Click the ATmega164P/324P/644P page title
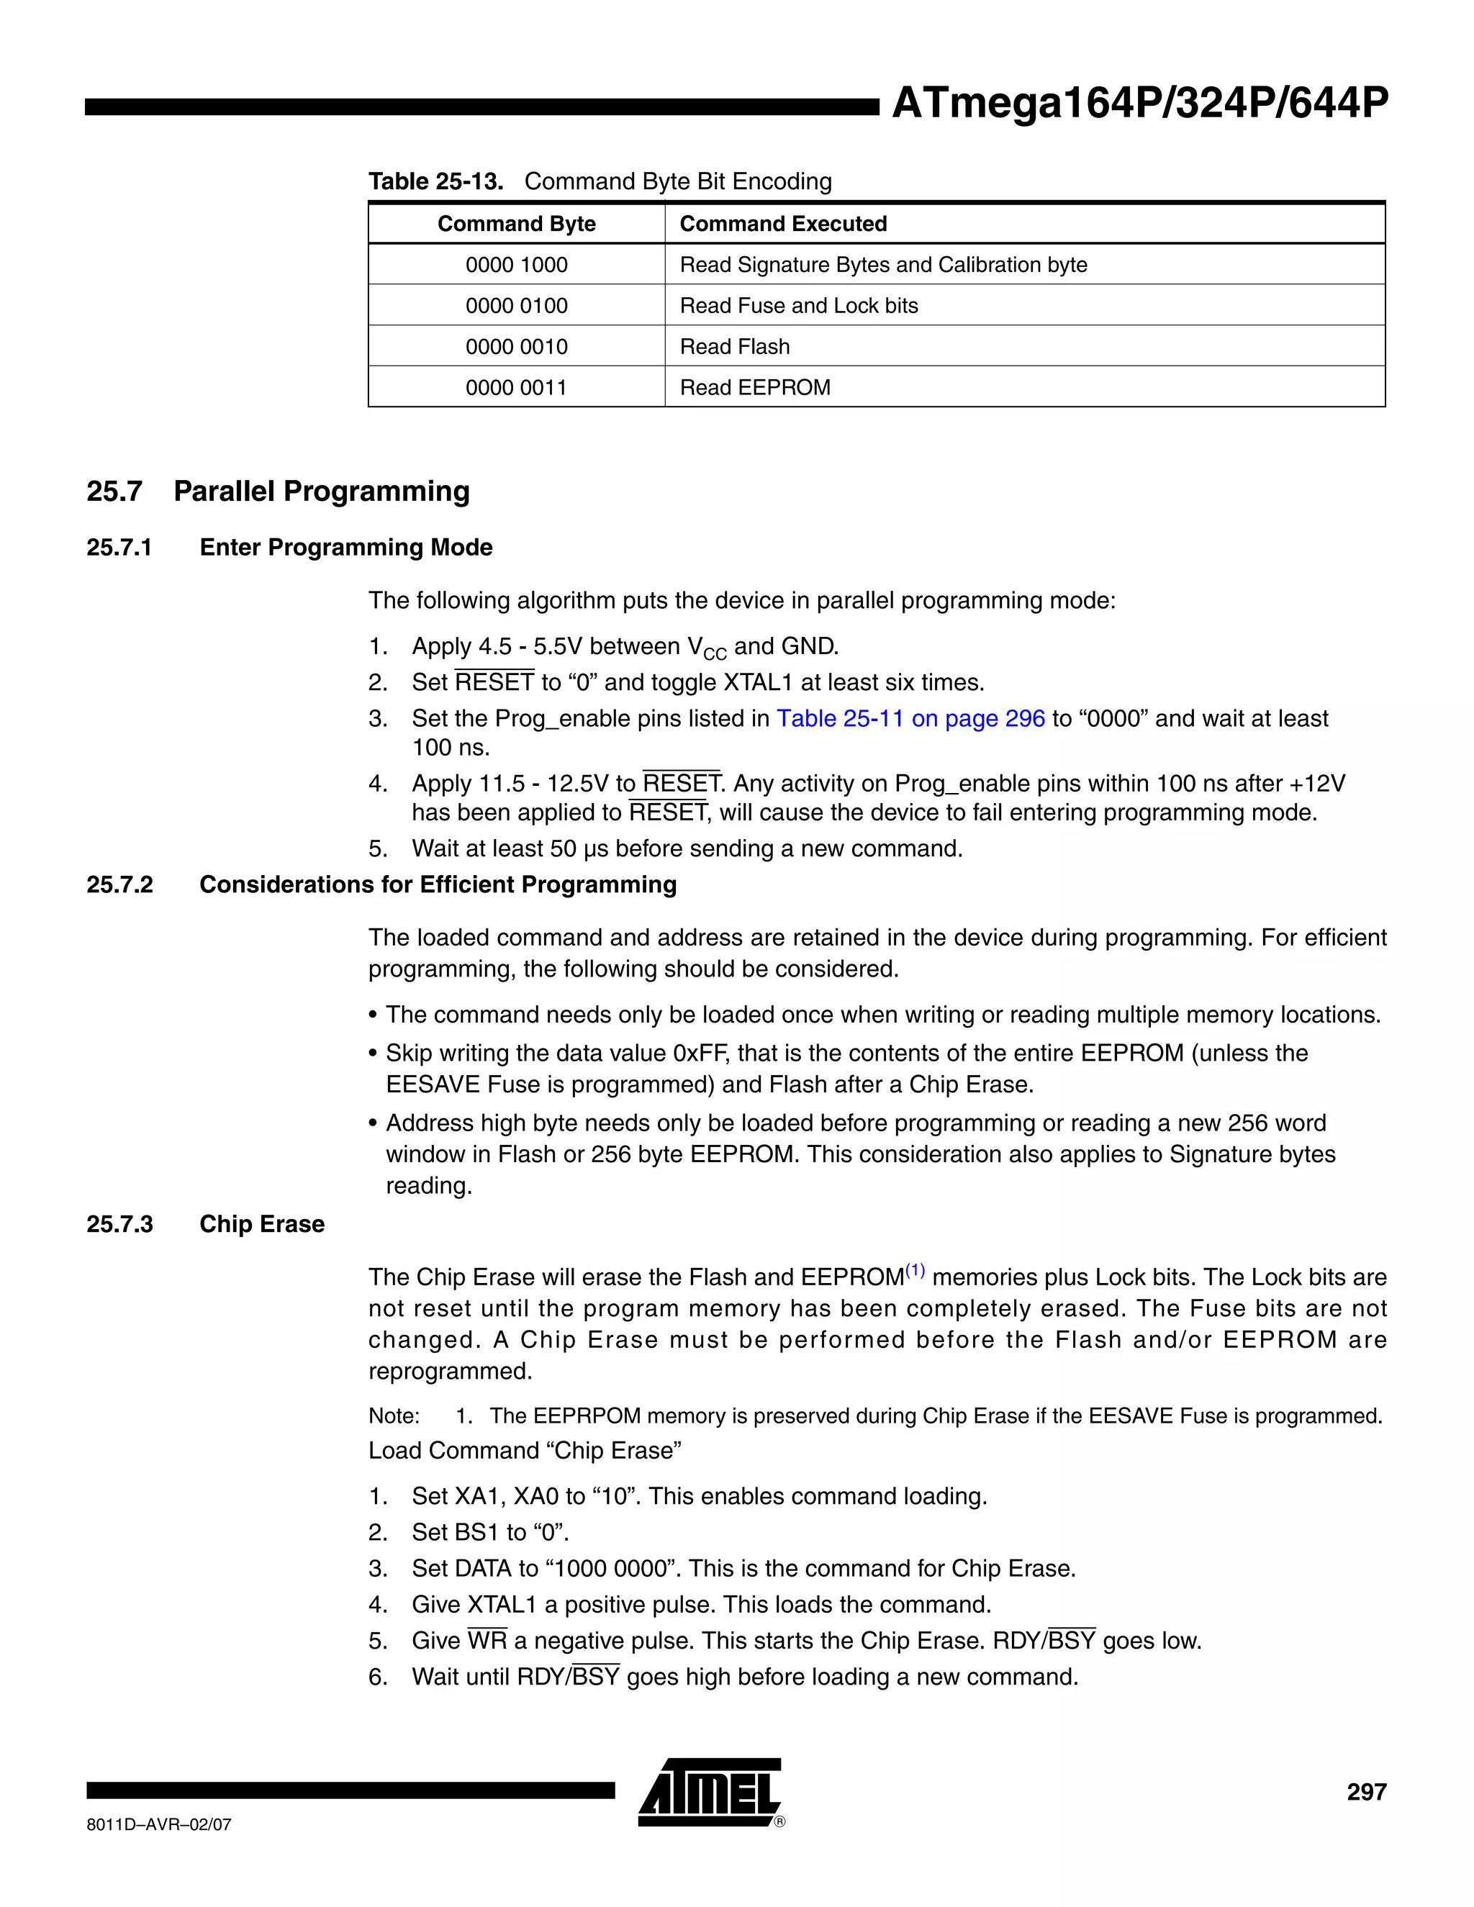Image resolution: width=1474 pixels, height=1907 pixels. click(x=1139, y=104)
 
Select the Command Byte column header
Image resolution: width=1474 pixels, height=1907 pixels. click(x=516, y=224)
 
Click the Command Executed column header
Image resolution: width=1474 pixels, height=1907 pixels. click(x=782, y=224)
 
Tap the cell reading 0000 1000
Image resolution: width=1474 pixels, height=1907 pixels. click(x=516, y=265)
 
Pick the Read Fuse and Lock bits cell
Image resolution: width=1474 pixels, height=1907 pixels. click(x=798, y=306)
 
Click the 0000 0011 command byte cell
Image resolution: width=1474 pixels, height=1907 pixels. click(x=516, y=387)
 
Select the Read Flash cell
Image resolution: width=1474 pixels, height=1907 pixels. click(x=734, y=347)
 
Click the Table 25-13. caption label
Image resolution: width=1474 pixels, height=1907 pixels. click(x=435, y=181)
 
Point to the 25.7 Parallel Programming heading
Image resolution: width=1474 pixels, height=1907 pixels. click(x=278, y=491)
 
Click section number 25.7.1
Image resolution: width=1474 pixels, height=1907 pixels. click(x=119, y=548)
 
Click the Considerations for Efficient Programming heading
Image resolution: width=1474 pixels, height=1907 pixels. click(x=438, y=884)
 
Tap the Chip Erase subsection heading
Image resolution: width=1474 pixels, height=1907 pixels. click(x=261, y=1224)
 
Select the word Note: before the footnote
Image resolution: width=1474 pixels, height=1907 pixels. click(x=394, y=1415)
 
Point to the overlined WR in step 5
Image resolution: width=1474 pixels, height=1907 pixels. click(x=487, y=1641)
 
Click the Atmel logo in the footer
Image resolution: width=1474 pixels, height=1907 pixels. click(x=709, y=1792)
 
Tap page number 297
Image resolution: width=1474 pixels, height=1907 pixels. click(x=1366, y=1792)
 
